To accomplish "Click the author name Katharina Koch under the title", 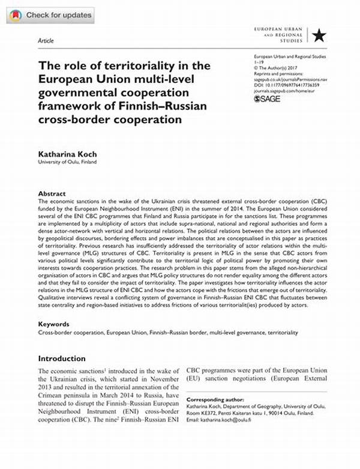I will tap(67, 154).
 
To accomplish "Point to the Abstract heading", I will tap(52, 193).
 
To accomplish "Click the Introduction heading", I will tap(62, 359).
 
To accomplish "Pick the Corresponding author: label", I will tap(215, 399).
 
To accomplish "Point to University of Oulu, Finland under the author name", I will tap(67, 162).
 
